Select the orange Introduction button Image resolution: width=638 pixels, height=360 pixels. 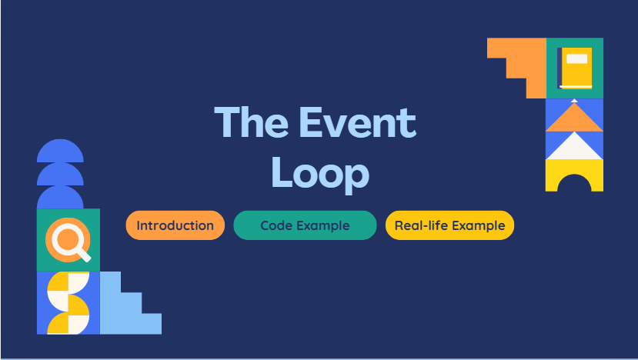coord(175,225)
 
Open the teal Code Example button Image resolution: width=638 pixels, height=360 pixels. coord(305,225)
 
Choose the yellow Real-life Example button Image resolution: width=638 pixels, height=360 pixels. coord(449,225)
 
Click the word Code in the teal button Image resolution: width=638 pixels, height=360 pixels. coord(276,226)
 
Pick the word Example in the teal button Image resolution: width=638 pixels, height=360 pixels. coord(323,226)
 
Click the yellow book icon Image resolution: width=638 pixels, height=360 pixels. coord(575,68)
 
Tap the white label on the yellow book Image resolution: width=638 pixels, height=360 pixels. coord(576,58)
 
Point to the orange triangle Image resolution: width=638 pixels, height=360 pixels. coord(574,118)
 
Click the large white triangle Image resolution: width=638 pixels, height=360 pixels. coord(574,147)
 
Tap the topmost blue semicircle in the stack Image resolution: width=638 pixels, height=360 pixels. coord(60,152)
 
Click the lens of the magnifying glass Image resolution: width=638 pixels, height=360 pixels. coord(64,238)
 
